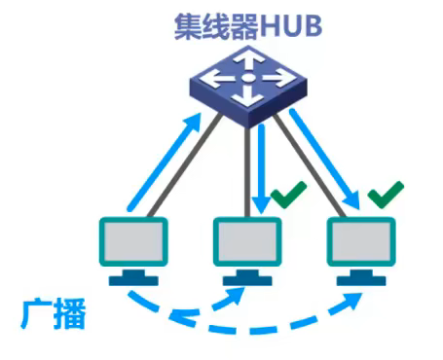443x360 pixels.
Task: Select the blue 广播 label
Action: pyautogui.click(x=54, y=314)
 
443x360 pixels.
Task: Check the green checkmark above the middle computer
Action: pyautogui.click(x=287, y=197)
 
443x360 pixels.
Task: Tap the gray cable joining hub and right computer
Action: pyautogui.click(x=313, y=165)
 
